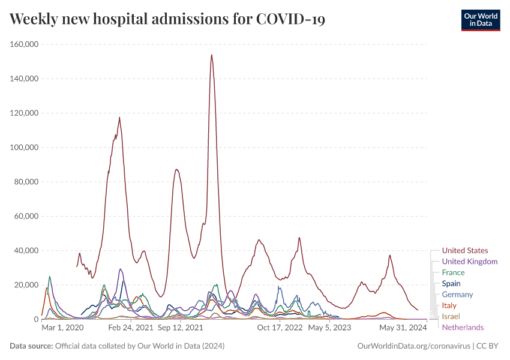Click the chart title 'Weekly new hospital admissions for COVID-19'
pos(167,19)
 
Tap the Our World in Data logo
pos(480,19)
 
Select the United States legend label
pos(464,251)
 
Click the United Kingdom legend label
pos(469,262)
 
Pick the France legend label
pos(453,272)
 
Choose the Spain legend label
pos(451,283)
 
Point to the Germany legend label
pos(457,295)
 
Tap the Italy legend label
pos(449,305)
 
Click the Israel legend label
pos(451,316)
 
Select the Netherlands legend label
pos(463,327)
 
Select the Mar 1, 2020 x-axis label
pos(63,328)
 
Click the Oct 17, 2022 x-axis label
pos(280,328)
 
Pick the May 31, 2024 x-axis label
pos(403,328)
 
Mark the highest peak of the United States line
pos(212,55)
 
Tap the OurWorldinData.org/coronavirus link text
pos(413,346)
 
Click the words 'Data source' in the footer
pos(31,346)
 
